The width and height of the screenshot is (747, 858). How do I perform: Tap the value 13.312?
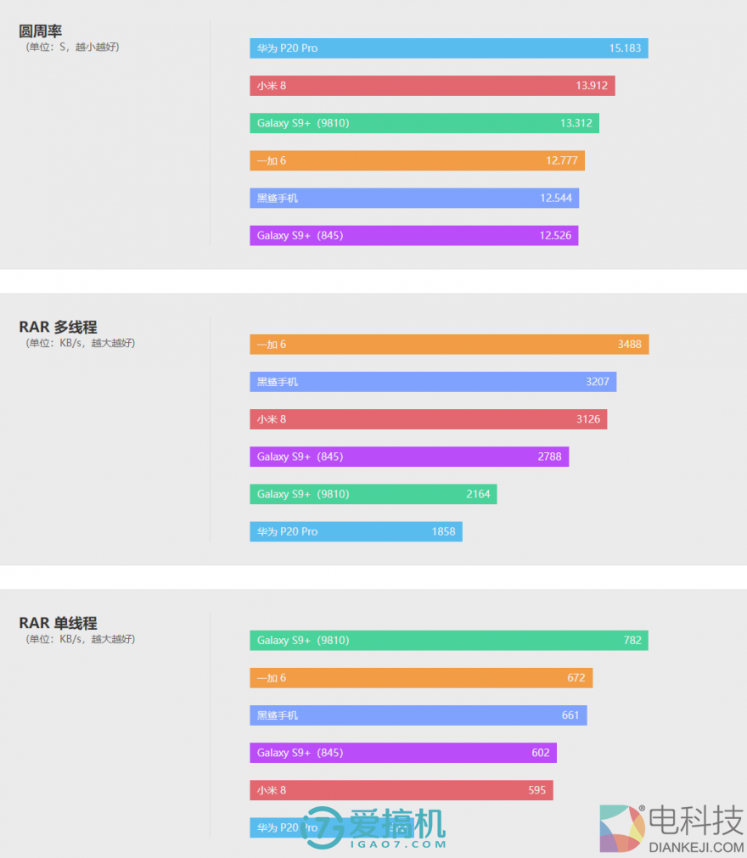click(x=576, y=123)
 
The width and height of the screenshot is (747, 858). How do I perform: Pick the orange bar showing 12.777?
click(x=417, y=160)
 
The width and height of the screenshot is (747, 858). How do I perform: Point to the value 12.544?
click(x=556, y=198)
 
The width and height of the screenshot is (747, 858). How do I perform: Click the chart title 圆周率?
click(x=41, y=31)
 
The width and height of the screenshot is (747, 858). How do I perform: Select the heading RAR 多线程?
click(x=58, y=328)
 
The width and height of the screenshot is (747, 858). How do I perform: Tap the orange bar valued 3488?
click(x=449, y=345)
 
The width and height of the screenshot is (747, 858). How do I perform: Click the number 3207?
click(x=598, y=382)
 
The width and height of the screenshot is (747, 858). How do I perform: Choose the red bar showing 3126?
click(x=428, y=419)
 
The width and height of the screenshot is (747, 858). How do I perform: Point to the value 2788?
click(x=549, y=457)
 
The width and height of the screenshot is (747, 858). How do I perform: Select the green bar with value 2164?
click(x=373, y=494)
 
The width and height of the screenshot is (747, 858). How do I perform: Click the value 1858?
click(x=443, y=531)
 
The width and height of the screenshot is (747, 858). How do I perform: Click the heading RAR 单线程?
click(x=58, y=624)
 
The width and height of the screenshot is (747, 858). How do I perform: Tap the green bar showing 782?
click(x=449, y=641)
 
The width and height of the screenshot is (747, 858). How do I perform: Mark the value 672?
click(x=576, y=678)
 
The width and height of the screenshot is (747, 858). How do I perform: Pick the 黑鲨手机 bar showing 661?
click(x=418, y=715)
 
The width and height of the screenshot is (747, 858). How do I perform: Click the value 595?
click(x=537, y=790)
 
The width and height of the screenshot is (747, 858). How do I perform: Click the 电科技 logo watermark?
click(x=671, y=828)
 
